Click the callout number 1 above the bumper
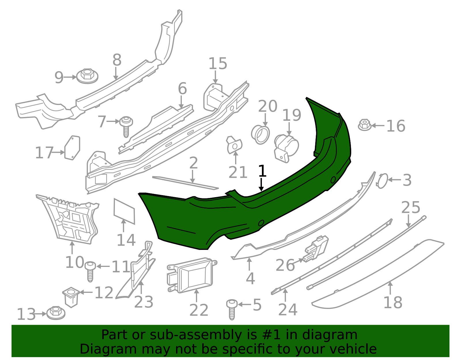click(262, 171)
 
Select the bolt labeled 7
click(126, 127)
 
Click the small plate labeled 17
click(72, 148)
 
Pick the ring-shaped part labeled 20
click(260, 135)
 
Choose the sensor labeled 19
click(286, 148)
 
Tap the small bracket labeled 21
click(234, 145)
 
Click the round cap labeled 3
click(382, 181)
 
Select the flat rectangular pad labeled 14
click(124, 211)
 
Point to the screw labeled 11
click(90, 272)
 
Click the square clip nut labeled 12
click(71, 297)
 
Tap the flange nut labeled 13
click(56, 313)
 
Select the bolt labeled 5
click(232, 310)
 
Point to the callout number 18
click(393, 303)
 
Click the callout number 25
click(411, 207)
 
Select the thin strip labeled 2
click(186, 183)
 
